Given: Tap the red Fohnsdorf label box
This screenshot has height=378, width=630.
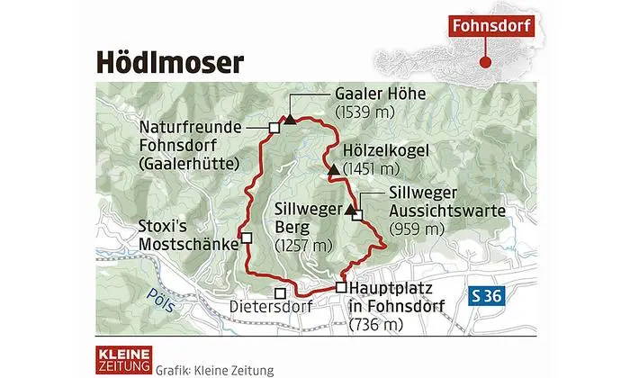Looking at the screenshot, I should (491, 26).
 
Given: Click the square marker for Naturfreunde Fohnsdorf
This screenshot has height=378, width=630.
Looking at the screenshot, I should (274, 128).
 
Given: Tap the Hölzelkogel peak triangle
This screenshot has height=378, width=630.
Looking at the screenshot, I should (334, 168).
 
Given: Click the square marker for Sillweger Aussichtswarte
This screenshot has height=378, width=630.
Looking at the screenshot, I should (357, 215).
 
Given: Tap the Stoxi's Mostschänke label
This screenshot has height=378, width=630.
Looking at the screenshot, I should (184, 234).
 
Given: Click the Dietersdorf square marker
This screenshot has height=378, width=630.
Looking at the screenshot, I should (281, 292).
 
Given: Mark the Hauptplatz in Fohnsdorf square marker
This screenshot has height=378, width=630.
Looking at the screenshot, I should (340, 287).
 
